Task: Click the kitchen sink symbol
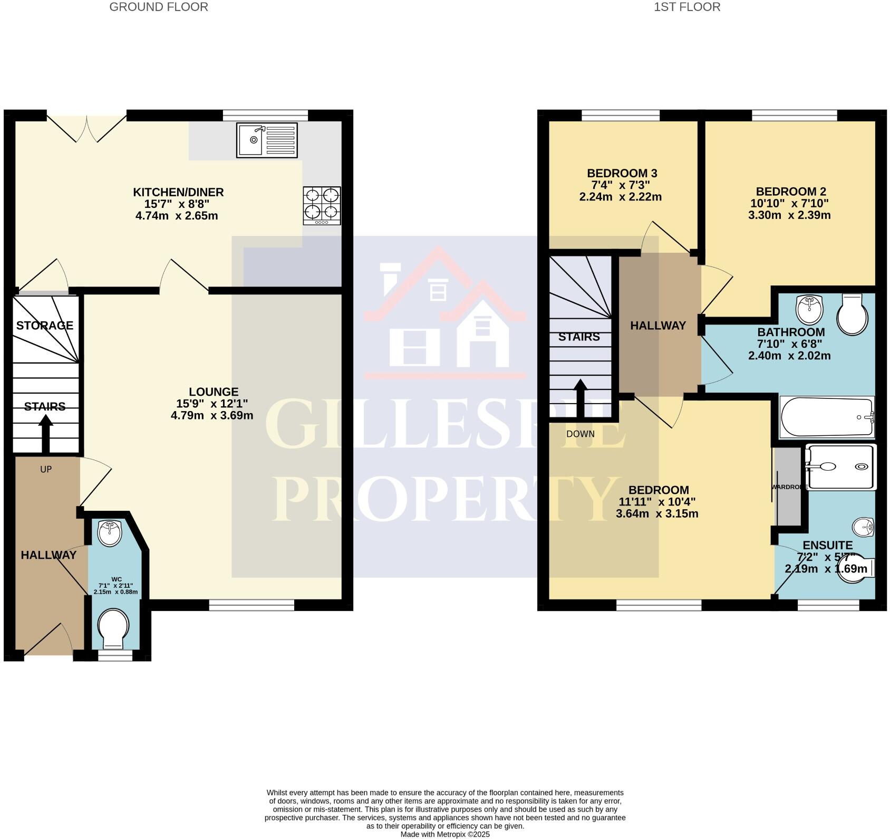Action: click(x=267, y=140)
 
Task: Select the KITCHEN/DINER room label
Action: click(x=178, y=192)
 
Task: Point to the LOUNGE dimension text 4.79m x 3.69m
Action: click(x=212, y=415)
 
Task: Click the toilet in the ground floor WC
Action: click(x=113, y=628)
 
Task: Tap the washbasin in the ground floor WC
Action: click(x=110, y=533)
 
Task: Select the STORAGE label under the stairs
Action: click(x=44, y=326)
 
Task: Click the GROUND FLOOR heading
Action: click(x=158, y=7)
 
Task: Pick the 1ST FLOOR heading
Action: click(x=686, y=7)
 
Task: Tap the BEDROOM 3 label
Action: click(x=622, y=173)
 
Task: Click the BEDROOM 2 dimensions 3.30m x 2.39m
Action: click(x=789, y=215)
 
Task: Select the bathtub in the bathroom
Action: click(x=826, y=417)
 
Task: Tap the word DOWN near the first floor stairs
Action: click(x=580, y=434)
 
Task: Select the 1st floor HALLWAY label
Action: click(x=657, y=326)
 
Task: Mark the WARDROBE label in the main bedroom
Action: click(x=789, y=487)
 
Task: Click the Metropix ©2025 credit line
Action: click(x=445, y=834)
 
